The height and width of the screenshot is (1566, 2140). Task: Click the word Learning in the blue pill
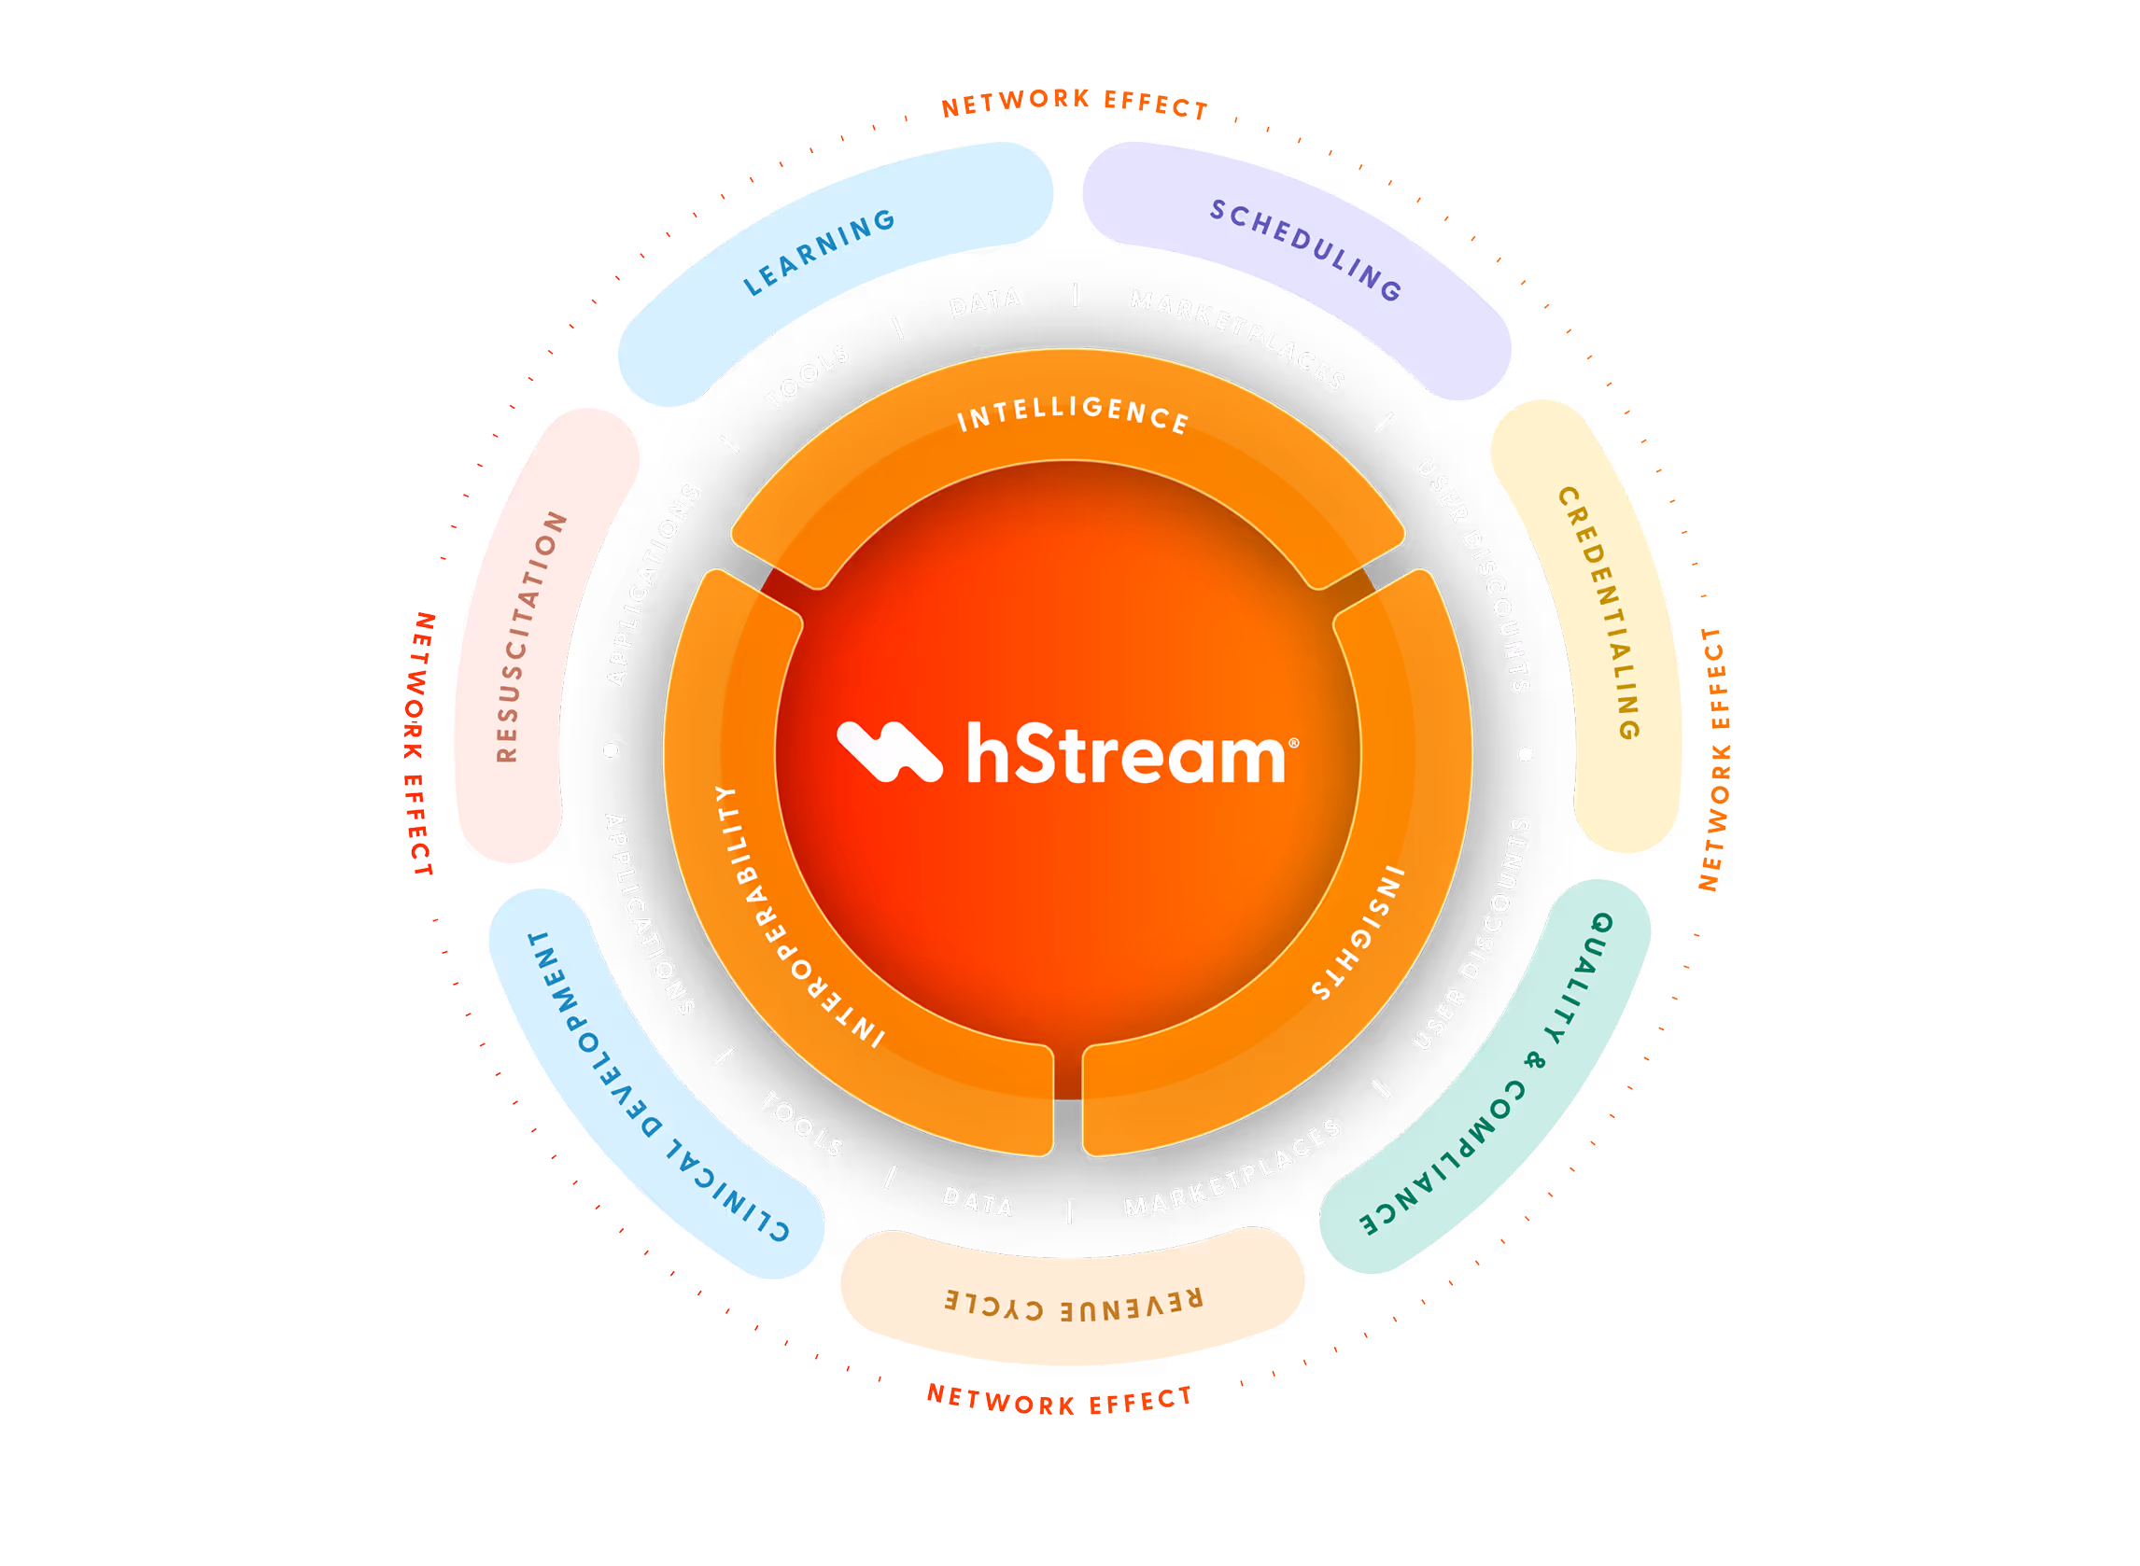[x=819, y=252]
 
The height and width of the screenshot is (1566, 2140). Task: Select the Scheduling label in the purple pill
[x=1305, y=249]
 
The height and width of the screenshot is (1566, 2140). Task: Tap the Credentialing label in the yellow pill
[x=1599, y=612]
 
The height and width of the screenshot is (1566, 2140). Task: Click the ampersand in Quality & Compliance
[x=1533, y=1059]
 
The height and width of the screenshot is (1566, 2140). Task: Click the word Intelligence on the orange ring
[x=1073, y=415]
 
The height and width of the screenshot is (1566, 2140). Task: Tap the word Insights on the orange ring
[x=1358, y=932]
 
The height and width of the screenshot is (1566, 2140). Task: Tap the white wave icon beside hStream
[x=889, y=751]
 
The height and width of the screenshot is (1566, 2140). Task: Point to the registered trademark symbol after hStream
[x=1294, y=743]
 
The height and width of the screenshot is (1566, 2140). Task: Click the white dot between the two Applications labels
[x=611, y=749]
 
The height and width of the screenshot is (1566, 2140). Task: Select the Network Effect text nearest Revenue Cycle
[x=1059, y=1400]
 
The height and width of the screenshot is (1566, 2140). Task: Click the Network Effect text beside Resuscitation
[x=419, y=744]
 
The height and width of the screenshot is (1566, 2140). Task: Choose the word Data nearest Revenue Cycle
[x=978, y=1201]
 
